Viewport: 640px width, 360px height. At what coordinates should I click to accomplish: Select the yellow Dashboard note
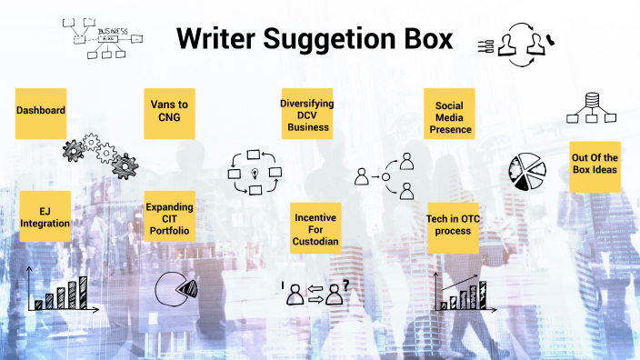click(41, 112)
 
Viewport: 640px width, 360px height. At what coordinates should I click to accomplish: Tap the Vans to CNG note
click(169, 113)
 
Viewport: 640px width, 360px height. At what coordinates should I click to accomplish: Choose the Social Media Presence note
click(450, 115)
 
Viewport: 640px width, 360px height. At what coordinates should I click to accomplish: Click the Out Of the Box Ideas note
click(595, 165)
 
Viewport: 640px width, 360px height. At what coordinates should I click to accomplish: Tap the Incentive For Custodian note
click(315, 228)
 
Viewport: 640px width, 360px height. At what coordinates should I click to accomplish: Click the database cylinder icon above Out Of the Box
click(592, 100)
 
